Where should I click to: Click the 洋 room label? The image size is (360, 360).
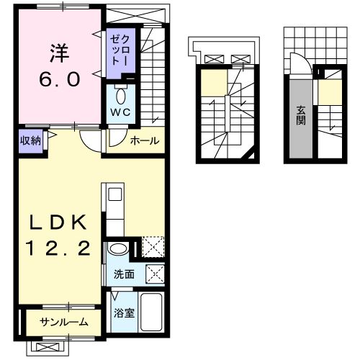(60, 53)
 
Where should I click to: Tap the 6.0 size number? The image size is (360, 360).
(60, 79)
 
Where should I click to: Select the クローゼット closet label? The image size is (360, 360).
(120, 50)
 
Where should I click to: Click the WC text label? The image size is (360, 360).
(120, 112)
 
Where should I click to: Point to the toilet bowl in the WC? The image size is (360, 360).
(120, 95)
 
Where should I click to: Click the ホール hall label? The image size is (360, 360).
(145, 140)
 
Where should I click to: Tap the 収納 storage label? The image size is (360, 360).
(30, 140)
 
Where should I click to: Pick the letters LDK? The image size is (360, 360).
(58, 222)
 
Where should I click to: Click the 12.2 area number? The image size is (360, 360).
(58, 248)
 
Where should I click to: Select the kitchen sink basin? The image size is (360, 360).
(115, 194)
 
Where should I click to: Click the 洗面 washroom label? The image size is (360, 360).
(124, 274)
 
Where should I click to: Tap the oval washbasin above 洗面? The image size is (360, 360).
(118, 248)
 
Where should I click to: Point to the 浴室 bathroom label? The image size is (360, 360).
(124, 312)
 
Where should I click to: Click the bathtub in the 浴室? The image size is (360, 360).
(151, 312)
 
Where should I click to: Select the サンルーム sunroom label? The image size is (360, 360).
(64, 322)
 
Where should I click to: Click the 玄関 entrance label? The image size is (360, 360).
(301, 115)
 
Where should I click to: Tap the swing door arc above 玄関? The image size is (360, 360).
(305, 58)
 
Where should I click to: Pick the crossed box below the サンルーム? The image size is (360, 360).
(48, 347)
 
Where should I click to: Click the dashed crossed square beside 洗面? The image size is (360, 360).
(156, 274)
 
